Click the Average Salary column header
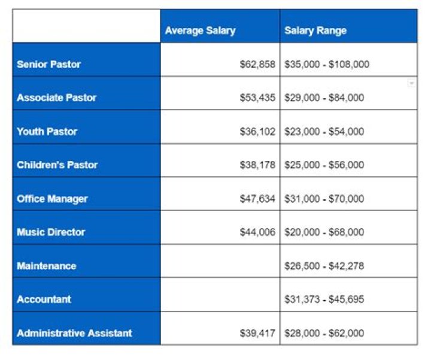[200, 30]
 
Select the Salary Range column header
[315, 30]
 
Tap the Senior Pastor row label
[48, 64]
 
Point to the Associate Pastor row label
[56, 97]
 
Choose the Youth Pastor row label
[47, 131]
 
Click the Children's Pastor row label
[57, 164]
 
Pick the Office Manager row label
[52, 199]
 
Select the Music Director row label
[51, 232]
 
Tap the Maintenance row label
[46, 266]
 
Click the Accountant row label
[44, 299]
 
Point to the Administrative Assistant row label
[74, 333]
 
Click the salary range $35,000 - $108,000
[327, 64]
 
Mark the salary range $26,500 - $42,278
[324, 266]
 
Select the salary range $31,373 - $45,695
[324, 299]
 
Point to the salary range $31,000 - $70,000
[324, 199]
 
